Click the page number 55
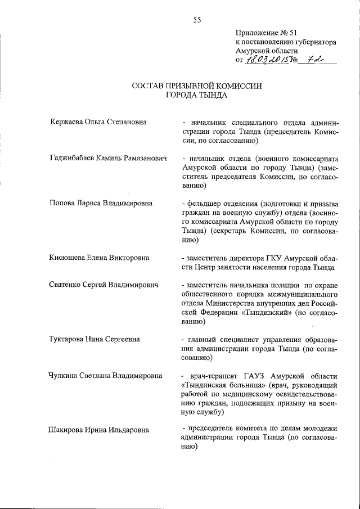[197, 20]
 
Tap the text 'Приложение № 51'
[267, 33]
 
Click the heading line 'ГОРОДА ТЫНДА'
[197, 96]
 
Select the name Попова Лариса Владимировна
[101, 204]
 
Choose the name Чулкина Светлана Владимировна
[106, 375]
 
